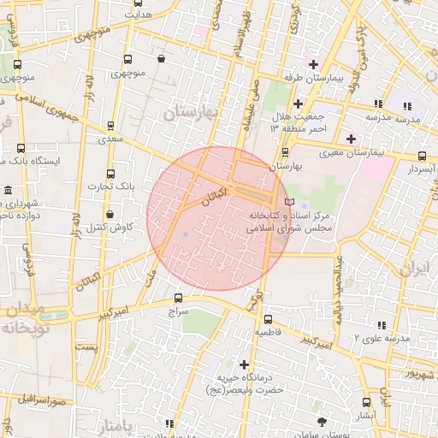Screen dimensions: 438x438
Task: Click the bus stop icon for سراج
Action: tap(178, 298)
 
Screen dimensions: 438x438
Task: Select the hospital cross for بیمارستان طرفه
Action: tap(313, 64)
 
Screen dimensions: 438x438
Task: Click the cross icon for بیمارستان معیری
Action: tap(351, 138)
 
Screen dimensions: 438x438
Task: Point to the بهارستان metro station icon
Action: tap(285, 151)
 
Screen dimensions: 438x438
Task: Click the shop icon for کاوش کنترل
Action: tap(109, 214)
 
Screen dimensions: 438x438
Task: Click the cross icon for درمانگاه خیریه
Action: tap(245, 364)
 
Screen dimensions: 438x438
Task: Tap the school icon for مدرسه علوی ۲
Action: tap(381, 325)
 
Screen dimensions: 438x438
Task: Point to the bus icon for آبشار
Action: tap(366, 401)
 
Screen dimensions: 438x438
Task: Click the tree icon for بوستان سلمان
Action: tap(322, 422)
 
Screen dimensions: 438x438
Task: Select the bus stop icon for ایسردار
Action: tap(422, 156)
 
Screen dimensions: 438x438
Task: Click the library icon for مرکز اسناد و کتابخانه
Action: tap(289, 200)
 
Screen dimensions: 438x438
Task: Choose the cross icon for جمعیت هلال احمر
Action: tap(297, 104)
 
